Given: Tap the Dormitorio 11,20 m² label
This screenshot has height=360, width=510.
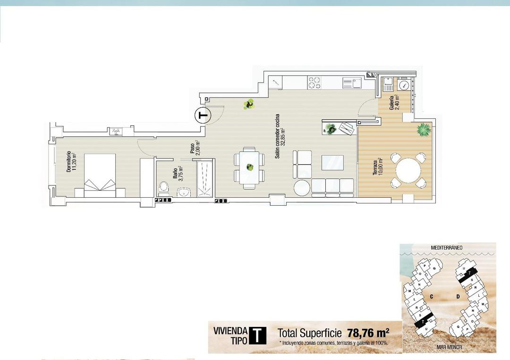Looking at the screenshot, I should (71, 161).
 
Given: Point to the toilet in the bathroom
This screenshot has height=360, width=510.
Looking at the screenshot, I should (164, 187).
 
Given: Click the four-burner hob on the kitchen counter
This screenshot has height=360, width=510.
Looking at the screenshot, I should (314, 83).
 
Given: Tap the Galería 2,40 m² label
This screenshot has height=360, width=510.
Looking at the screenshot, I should (394, 102).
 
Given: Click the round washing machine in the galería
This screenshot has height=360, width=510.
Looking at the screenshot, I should (404, 85).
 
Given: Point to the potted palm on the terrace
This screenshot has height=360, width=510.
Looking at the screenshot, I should (424, 128).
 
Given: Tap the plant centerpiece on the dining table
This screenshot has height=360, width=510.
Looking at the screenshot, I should (249, 167).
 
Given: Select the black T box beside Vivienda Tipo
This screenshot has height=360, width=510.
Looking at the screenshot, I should (257, 335).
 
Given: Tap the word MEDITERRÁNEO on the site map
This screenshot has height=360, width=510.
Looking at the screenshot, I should (446, 247).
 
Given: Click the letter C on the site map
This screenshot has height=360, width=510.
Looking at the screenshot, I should (432, 296).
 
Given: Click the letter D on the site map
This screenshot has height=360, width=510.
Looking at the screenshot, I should (458, 296).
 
